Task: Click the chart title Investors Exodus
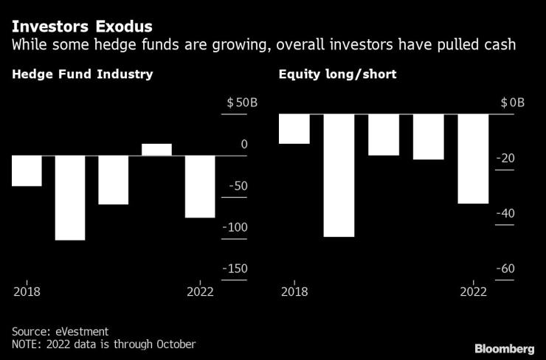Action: point(71,27)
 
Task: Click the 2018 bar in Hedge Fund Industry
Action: point(27,170)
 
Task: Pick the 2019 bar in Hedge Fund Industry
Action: point(70,198)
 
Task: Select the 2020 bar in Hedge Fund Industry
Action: point(114,179)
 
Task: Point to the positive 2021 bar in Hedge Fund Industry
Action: point(156,150)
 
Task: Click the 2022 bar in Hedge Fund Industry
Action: point(200,186)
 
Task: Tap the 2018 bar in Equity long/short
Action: point(294,129)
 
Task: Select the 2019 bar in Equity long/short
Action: point(339,176)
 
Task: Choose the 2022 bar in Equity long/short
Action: point(473,159)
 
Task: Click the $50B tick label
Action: point(242,103)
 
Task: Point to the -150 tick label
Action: point(235,269)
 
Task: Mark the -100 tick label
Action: point(235,228)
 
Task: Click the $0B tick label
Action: point(512,103)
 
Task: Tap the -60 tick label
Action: point(505,269)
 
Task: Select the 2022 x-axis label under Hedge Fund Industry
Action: point(200,291)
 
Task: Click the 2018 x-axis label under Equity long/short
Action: point(294,291)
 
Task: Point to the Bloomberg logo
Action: point(504,347)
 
